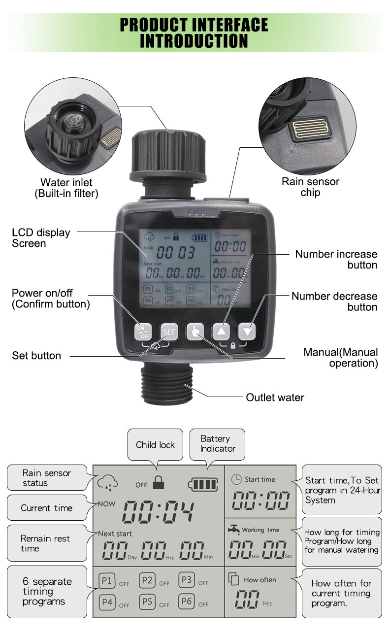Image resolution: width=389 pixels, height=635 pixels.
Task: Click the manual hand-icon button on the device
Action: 194,332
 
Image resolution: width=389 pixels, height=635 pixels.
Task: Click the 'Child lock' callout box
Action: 155,445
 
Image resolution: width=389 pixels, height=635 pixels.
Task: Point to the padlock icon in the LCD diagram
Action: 158,482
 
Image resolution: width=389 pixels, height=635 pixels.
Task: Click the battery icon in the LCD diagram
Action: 202,484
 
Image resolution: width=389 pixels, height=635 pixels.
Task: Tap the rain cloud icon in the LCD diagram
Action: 107,482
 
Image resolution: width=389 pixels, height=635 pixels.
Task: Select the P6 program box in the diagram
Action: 187,601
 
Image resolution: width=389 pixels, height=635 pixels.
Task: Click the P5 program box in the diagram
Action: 147,601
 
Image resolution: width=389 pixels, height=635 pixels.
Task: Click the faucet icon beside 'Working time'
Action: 234,529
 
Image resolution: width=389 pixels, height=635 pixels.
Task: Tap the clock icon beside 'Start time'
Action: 237,479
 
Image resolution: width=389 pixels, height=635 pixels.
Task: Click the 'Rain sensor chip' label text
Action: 310,187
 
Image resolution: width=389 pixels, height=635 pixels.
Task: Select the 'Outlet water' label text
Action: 275,397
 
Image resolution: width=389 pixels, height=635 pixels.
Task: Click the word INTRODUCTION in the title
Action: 194,41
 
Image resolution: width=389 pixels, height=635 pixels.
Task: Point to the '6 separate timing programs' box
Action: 47,591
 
